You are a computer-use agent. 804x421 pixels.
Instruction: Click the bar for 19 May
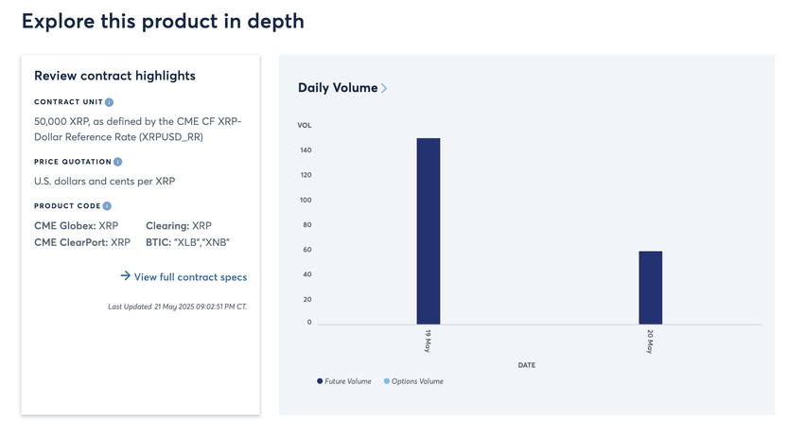[x=428, y=232]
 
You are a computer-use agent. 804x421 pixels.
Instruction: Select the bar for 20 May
[x=650, y=288]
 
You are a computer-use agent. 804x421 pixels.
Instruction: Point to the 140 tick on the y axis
[x=306, y=150]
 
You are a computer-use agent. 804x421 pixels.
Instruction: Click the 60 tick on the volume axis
[x=307, y=250]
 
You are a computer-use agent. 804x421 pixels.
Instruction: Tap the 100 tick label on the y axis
[x=306, y=201]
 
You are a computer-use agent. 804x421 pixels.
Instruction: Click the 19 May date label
[x=428, y=342]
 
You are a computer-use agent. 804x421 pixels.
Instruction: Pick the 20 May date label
[x=651, y=342]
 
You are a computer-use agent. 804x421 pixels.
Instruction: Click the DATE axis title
[x=527, y=364]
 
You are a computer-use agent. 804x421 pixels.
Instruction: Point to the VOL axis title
[x=305, y=125]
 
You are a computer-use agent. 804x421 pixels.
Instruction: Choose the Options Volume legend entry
[x=417, y=381]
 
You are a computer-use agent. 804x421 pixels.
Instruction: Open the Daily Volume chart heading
[x=338, y=88]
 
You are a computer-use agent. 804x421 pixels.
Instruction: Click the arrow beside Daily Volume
[x=384, y=89]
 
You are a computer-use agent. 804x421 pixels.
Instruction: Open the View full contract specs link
[x=189, y=277]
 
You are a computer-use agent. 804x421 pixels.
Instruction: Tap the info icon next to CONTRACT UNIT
[x=110, y=102]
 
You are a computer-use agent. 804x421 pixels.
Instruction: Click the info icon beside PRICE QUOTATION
[x=118, y=162]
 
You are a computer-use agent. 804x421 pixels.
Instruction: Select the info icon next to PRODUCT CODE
[x=107, y=206]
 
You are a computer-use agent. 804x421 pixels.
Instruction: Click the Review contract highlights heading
[x=114, y=76]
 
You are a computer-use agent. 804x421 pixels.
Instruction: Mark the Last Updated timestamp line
[x=177, y=307]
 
